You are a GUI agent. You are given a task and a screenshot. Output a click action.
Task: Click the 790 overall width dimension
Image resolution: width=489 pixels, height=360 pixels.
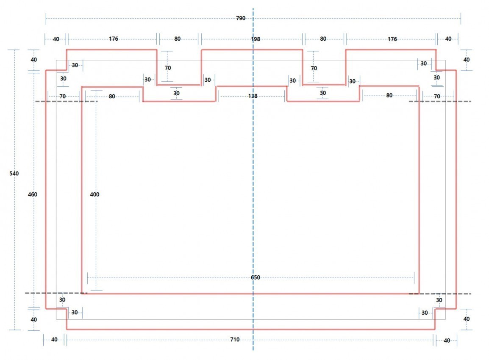point(241,18)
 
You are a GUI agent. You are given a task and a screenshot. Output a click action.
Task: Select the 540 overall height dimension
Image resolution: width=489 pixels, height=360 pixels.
point(14,174)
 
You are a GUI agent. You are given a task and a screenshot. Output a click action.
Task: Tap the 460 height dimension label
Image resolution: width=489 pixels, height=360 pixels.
point(33,194)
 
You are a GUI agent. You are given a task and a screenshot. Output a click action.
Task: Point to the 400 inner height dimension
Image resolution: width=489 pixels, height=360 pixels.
point(94,194)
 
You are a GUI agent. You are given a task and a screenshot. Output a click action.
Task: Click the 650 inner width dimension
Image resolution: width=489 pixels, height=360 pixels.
point(256,277)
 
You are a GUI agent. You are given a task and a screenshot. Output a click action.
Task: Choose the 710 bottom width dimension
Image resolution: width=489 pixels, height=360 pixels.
point(235,339)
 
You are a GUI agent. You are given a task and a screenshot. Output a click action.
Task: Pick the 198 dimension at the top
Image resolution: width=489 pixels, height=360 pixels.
point(256,39)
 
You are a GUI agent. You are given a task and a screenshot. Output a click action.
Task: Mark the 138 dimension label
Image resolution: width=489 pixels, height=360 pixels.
point(253,96)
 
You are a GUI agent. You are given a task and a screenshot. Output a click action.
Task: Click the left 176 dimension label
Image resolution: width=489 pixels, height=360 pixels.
point(114,39)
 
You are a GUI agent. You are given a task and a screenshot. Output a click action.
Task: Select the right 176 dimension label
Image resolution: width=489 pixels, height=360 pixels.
point(392,39)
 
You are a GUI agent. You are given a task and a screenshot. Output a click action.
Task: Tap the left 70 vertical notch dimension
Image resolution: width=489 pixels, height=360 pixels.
point(168,68)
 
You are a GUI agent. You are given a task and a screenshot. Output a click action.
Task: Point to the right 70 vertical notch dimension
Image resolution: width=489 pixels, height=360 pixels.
point(314,68)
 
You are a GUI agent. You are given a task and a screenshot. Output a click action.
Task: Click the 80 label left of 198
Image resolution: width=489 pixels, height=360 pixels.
point(177,39)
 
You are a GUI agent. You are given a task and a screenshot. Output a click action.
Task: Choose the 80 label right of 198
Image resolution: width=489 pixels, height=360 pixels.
point(323,39)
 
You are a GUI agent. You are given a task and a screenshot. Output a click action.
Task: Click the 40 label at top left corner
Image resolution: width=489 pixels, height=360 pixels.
point(56,39)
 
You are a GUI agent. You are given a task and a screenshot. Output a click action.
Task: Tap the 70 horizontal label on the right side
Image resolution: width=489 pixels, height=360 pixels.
point(437,96)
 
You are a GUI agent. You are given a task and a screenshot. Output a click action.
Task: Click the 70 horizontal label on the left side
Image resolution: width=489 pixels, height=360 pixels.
point(62,96)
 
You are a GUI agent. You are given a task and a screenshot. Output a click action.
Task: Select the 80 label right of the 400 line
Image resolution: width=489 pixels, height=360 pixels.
point(112,96)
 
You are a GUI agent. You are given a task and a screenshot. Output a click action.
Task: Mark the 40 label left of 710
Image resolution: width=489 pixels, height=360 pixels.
point(54,339)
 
